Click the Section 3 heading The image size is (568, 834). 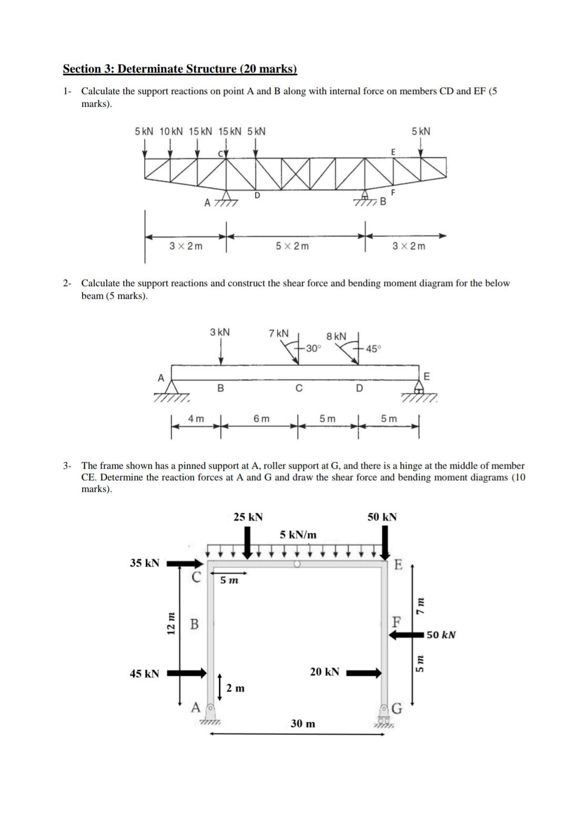pos(180,69)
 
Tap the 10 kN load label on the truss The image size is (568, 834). pos(171,131)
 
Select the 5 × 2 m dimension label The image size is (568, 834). pos(292,246)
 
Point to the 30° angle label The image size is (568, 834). pos(312,348)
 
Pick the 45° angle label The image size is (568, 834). pos(373,349)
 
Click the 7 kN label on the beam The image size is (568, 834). pos(278,333)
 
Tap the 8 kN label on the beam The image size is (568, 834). pos(337,336)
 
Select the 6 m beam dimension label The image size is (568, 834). pos(261,419)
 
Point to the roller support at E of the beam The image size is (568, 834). pos(419,388)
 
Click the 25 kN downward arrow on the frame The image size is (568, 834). pos(248,542)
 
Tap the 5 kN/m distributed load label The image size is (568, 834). pos(298,535)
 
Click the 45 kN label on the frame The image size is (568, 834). pos(145,674)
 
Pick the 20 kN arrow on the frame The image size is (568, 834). pos(363,673)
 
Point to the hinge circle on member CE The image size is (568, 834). pos(297,564)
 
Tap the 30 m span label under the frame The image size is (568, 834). pos(303,724)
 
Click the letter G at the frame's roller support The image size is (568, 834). pos(397,709)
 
